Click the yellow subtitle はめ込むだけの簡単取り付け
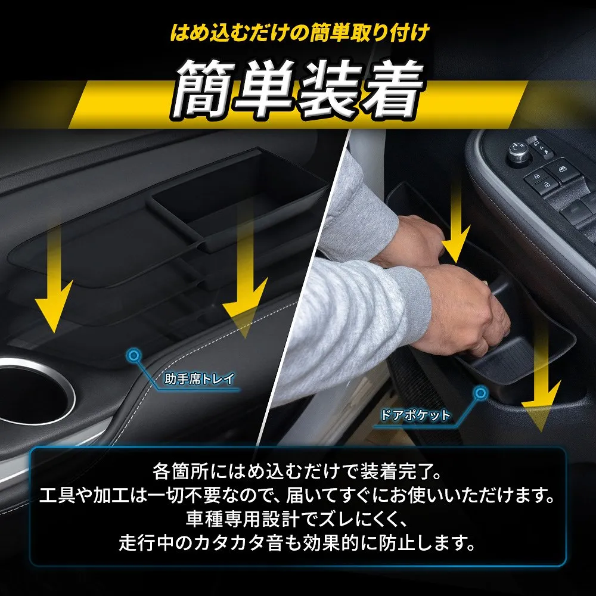[x=300, y=33]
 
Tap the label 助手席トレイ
[x=199, y=379]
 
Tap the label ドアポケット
[x=415, y=415]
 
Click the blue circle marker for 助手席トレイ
[x=134, y=356]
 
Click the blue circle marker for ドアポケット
[x=481, y=393]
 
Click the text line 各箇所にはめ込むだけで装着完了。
[x=297, y=471]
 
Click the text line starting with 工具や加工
[x=297, y=496]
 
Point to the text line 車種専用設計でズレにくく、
[x=297, y=519]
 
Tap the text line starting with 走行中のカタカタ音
[x=297, y=543]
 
